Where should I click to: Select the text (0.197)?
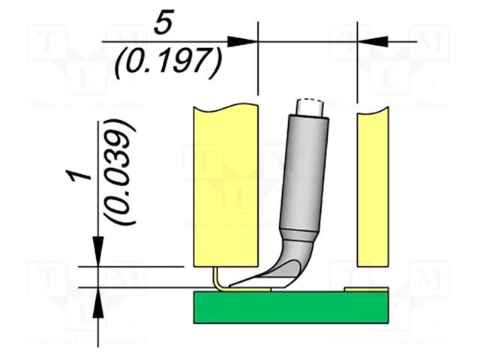tap(168, 62)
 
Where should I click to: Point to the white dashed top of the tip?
tap(310, 106)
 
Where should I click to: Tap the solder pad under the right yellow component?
tap(366, 289)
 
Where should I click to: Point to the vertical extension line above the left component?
tap(257, 60)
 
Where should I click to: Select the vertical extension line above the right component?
tap(358, 60)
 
